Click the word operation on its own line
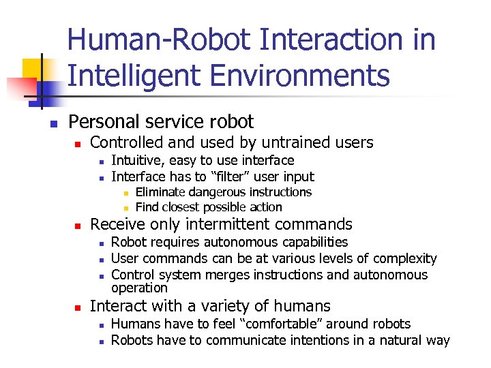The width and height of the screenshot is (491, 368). (139, 287)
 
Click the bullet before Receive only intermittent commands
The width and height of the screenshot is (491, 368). (78, 226)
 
